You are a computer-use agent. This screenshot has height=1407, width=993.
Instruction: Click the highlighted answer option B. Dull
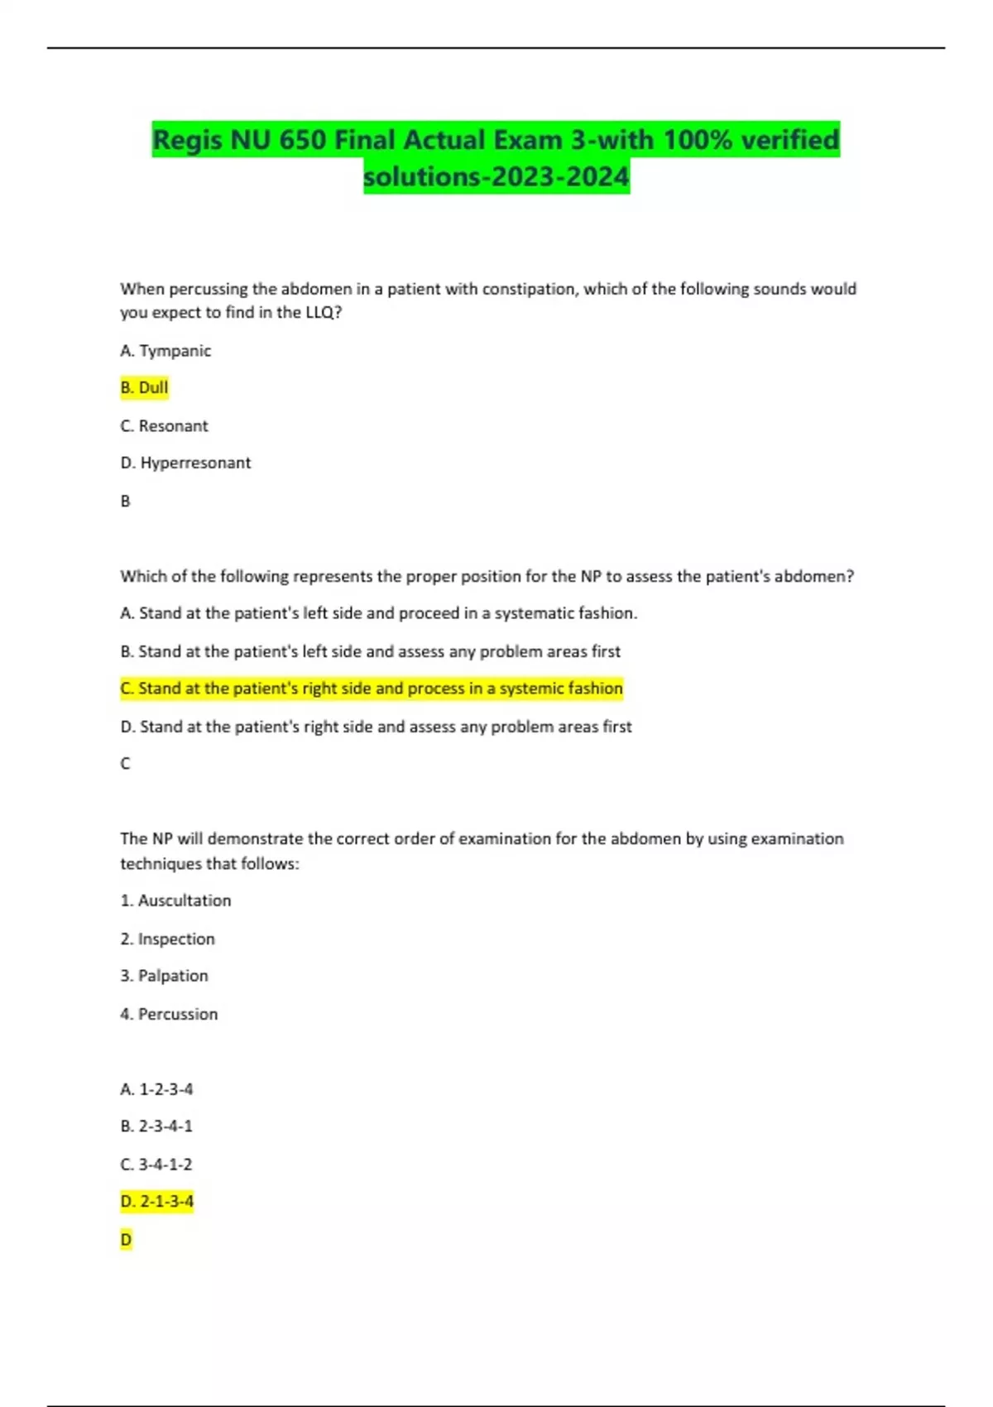pos(144,387)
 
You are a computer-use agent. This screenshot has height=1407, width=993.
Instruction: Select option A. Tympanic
pos(165,351)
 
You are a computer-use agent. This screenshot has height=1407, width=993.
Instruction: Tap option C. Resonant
pos(164,426)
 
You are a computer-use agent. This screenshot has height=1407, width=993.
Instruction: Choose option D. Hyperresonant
pos(185,463)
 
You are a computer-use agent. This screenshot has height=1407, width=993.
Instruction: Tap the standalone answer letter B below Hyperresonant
pos(126,501)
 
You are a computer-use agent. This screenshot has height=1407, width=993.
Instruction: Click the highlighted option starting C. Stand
pos(371,689)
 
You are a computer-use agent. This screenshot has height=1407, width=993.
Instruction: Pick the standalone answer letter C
pos(126,763)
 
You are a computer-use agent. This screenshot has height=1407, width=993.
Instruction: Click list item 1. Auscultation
pos(175,900)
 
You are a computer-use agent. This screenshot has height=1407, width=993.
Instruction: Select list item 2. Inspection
pos(167,939)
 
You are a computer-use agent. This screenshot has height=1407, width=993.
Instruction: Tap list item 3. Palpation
pos(164,976)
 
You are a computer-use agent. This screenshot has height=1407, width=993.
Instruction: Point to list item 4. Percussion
pos(169,1014)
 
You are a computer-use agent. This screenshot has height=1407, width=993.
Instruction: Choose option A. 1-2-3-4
pos(156,1089)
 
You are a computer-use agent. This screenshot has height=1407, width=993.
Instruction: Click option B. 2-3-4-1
pos(156,1126)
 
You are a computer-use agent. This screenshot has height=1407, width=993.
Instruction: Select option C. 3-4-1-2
pos(156,1164)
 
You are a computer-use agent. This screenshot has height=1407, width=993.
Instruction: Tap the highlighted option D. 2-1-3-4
pos(156,1201)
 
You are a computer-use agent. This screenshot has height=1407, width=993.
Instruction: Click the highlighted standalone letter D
pos(126,1239)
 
